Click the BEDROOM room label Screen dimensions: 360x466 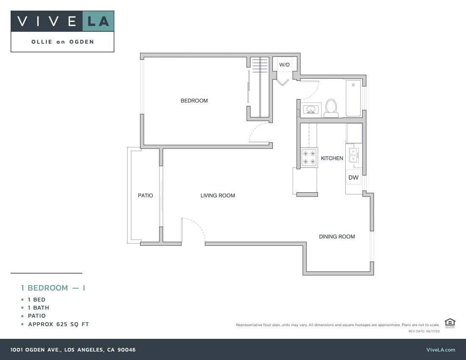click(194, 101)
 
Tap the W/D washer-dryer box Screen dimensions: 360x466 click(284, 65)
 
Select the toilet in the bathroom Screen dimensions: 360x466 click(331, 108)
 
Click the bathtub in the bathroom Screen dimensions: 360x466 click(353, 98)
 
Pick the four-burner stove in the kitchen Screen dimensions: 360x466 click(309, 158)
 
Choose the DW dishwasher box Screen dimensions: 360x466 click(353, 178)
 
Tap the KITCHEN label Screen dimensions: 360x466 click(332, 158)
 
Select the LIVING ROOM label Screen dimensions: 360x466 click(218, 196)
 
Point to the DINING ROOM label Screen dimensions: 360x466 click(337, 237)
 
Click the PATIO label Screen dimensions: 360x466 click(145, 196)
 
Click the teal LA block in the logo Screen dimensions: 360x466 click(98, 21)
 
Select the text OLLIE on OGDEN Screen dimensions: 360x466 click(63, 42)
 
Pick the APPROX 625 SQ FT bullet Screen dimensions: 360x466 click(58, 324)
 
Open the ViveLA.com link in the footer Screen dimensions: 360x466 click(441, 350)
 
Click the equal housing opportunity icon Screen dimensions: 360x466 click(450, 323)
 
